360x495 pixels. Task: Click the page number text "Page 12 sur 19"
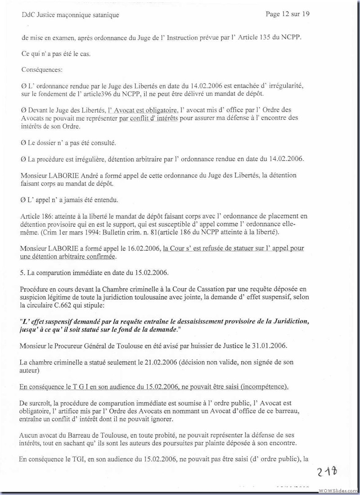(288, 14)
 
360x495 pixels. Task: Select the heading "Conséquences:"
(42, 70)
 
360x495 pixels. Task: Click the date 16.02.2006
(144, 248)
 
